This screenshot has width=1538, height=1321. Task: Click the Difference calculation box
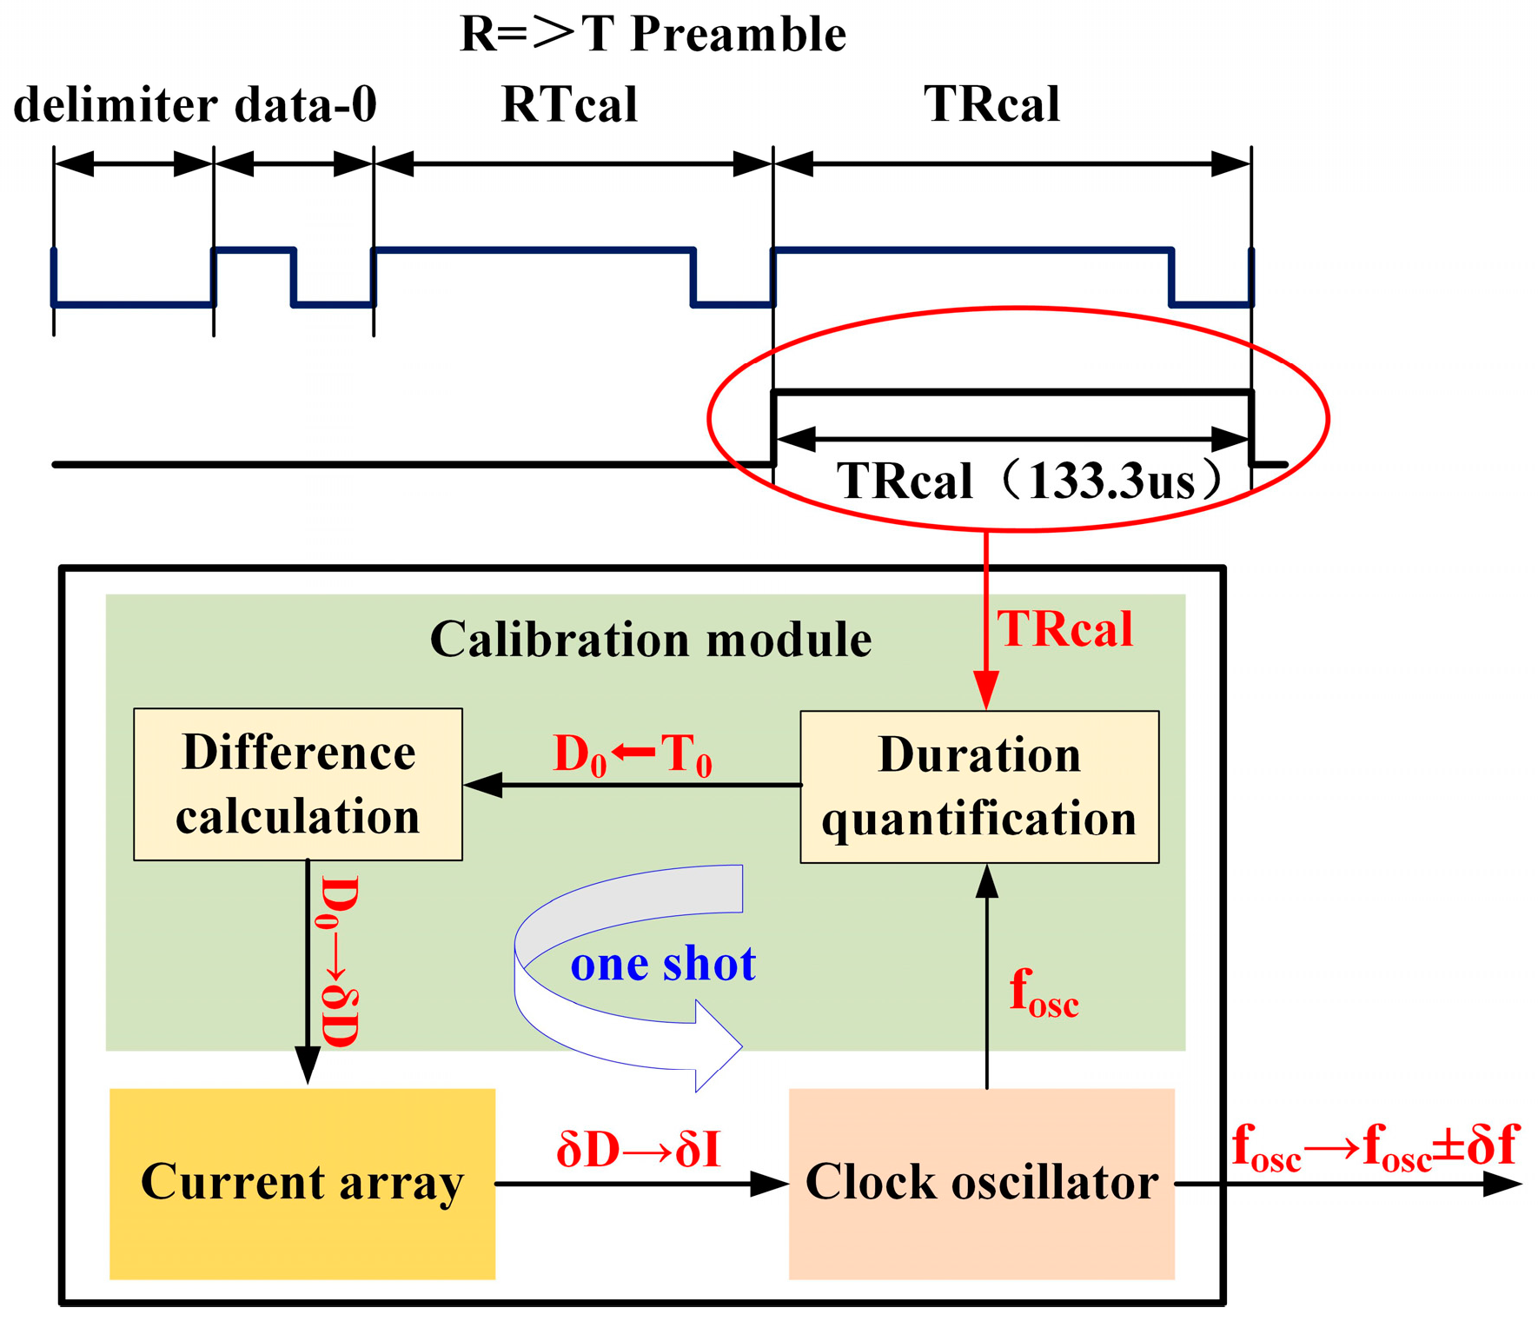click(297, 784)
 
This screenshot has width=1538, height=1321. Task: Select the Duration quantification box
click(978, 787)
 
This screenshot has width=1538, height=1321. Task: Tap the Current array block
click(302, 1183)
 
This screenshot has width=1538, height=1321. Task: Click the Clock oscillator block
click(981, 1183)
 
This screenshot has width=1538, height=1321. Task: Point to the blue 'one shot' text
click(662, 964)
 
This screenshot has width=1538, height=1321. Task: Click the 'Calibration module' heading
click(650, 641)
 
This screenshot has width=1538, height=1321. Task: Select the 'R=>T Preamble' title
click(653, 35)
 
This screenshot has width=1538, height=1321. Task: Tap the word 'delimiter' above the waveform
click(115, 105)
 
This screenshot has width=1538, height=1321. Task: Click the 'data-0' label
click(305, 105)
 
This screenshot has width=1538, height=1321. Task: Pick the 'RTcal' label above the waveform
click(569, 105)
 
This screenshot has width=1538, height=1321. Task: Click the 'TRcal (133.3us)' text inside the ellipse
click(1029, 481)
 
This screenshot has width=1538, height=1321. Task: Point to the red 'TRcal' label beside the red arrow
click(1064, 629)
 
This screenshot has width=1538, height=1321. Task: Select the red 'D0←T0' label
click(632, 754)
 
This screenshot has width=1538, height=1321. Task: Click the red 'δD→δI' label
click(639, 1150)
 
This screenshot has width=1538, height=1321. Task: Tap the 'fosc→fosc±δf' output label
click(1374, 1148)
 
